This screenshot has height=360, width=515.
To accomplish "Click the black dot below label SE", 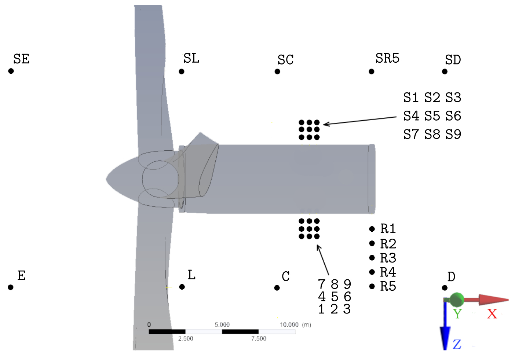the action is [11, 71].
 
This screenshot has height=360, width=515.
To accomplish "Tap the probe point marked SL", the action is [182, 71].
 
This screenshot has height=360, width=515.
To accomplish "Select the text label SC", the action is [285, 60].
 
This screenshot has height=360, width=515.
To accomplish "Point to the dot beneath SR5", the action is [372, 71].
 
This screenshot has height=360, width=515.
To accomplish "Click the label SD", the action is [453, 60].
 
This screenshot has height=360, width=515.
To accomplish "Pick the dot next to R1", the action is [372, 229].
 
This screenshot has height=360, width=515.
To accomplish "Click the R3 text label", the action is [388, 258].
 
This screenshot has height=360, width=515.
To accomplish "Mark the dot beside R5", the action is [372, 286].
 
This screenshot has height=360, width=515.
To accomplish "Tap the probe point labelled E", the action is [10, 287].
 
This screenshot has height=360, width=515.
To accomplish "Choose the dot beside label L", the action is [182, 287].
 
